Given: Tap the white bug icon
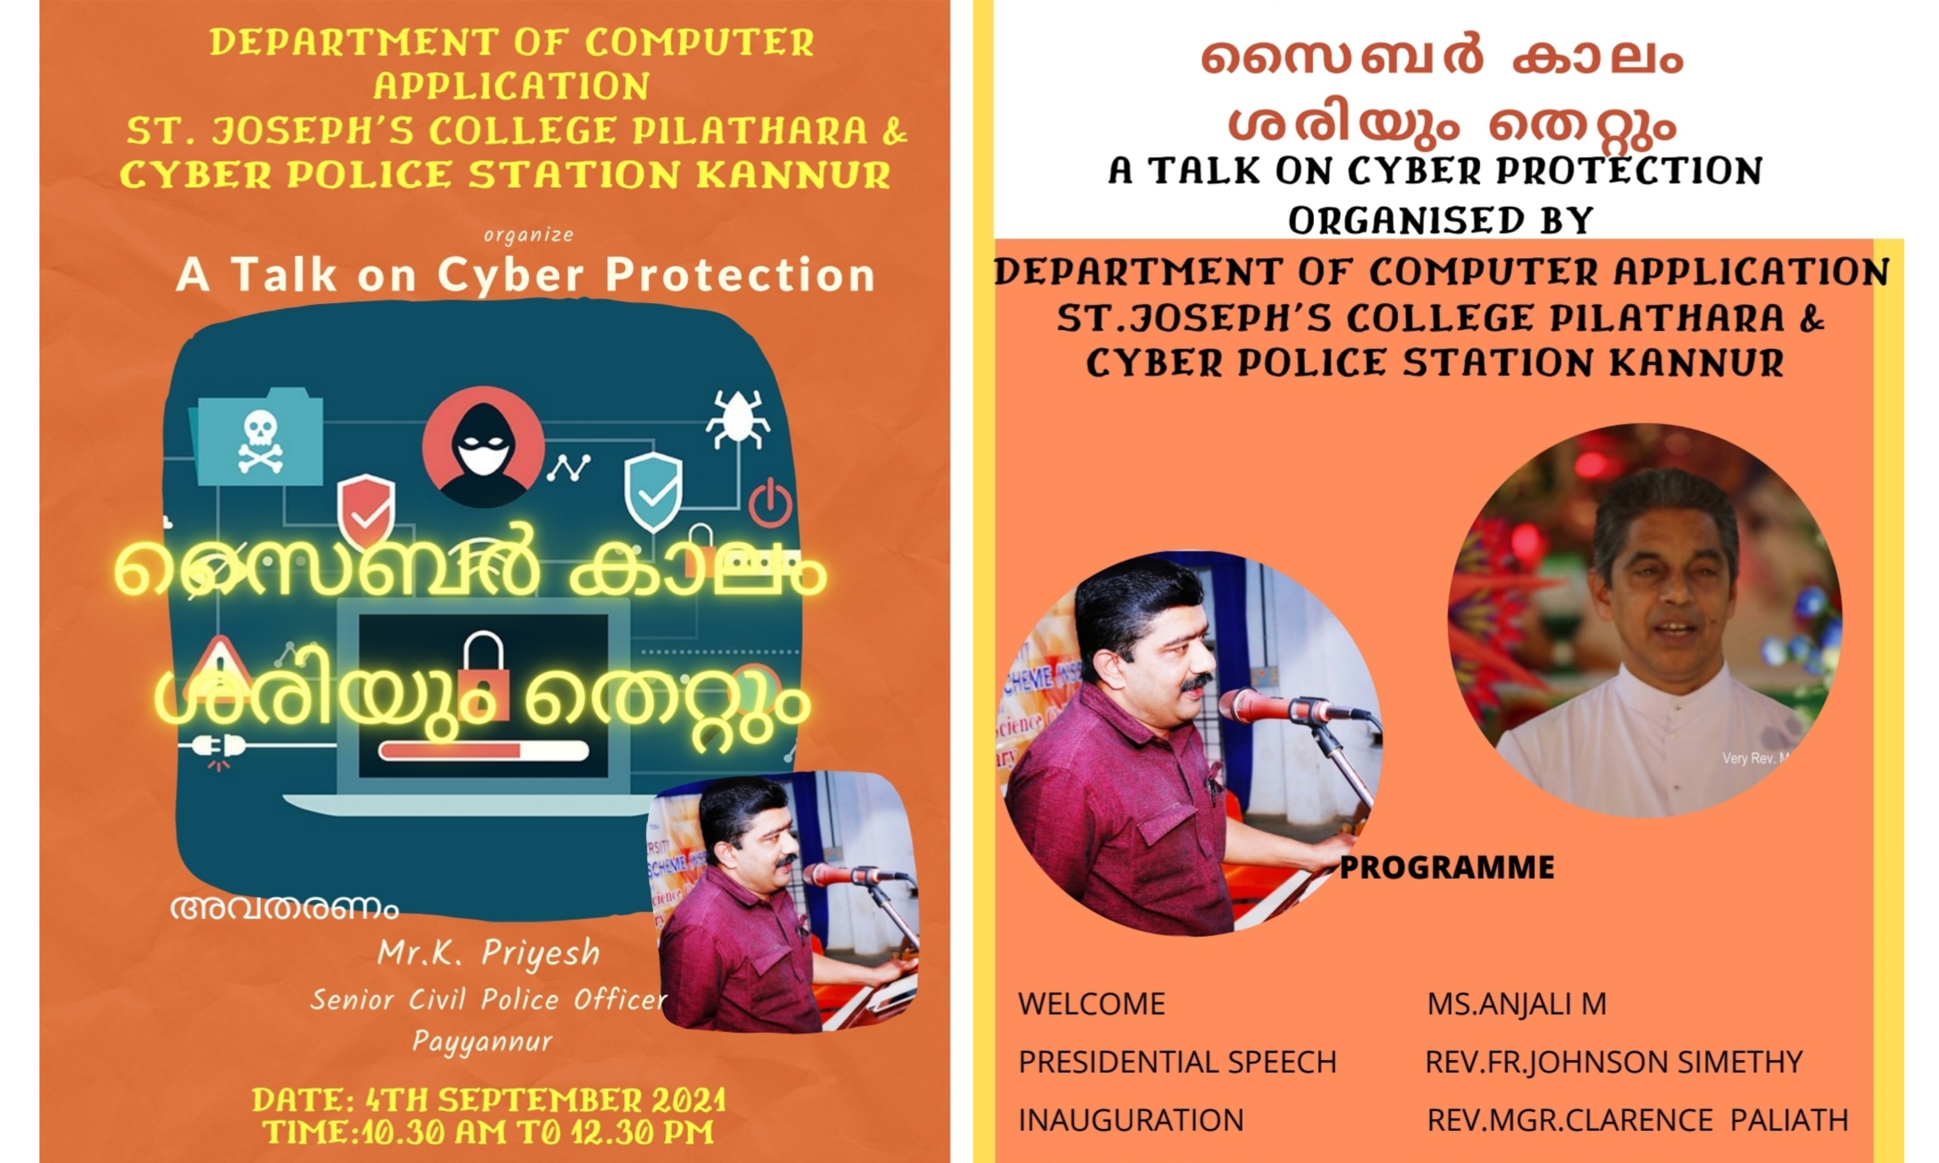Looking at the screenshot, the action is tap(737, 419).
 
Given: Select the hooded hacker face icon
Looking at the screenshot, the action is tap(483, 447).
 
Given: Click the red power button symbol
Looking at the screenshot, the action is tap(770, 501).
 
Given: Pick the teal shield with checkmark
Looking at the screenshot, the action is tap(653, 491).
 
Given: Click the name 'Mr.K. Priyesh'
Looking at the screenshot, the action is tap(488, 953).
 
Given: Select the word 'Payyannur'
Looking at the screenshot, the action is tap(482, 1041).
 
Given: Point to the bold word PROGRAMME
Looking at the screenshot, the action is tap(1447, 868).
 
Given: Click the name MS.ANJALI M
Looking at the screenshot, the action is tap(1517, 1004).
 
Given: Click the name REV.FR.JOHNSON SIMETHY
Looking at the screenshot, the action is tap(1613, 1062).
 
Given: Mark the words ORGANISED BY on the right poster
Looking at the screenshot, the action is tap(1441, 220).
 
